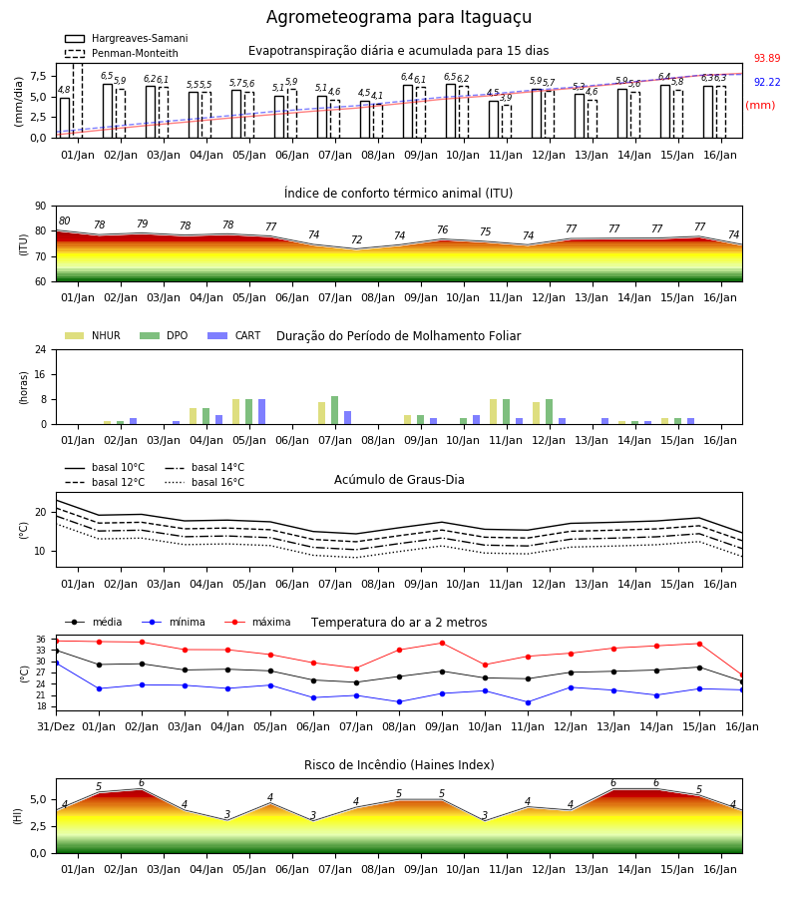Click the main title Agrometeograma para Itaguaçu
399,17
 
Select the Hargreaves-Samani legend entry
127,38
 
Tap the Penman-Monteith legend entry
122,53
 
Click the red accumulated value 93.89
767,58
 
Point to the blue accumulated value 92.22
767,82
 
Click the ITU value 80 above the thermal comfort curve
64,222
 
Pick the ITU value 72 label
357,239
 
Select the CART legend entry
234,335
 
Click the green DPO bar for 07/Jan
335,410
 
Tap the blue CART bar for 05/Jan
261,412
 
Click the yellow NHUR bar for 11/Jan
494,412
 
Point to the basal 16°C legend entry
204,482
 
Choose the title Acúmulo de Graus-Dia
399,480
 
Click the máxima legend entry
257,622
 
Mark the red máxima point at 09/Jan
442,643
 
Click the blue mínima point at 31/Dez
56,663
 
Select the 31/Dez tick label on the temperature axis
56,726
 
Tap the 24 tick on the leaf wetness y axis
41,349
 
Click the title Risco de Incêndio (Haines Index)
399,765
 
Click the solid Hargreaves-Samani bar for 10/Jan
451,111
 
